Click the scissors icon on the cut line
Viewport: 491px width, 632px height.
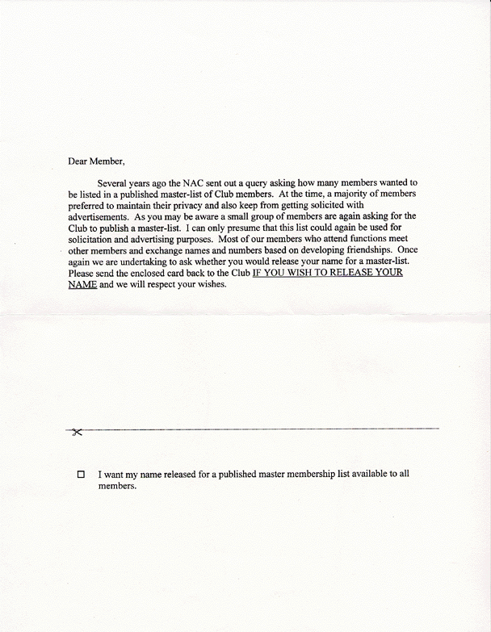tap(77, 433)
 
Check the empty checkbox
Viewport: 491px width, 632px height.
tap(81, 475)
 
